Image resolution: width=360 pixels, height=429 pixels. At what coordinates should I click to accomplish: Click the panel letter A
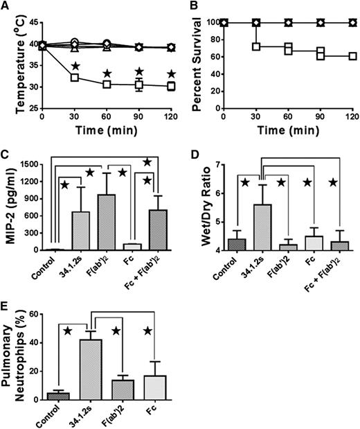5,6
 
